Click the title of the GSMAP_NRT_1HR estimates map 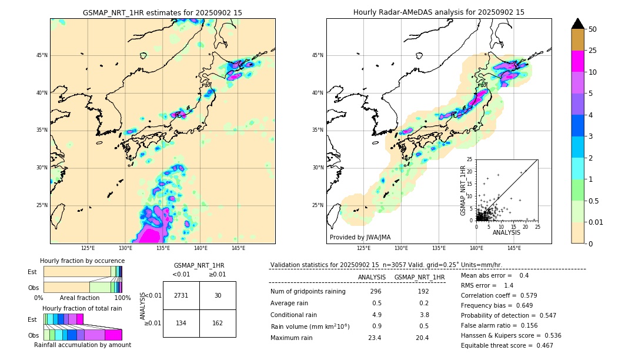[x=162, y=12]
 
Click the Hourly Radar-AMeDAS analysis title [x=439, y=12]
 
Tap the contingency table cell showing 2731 [x=181, y=295]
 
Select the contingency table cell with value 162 [x=218, y=323]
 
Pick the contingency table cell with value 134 [x=181, y=323]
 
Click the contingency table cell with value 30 [x=218, y=295]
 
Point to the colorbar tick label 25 [x=593, y=51]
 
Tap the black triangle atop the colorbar [x=578, y=24]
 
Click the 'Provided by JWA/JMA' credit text [x=360, y=237]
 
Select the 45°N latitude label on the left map [x=42, y=55]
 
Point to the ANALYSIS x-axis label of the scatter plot [x=506, y=232]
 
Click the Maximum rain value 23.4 [x=375, y=338]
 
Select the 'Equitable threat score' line [x=507, y=345]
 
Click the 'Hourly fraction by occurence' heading [x=82, y=261]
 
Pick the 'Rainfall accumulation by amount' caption [x=87, y=345]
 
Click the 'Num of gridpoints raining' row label [x=308, y=292]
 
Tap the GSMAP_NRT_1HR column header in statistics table [x=419, y=277]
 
